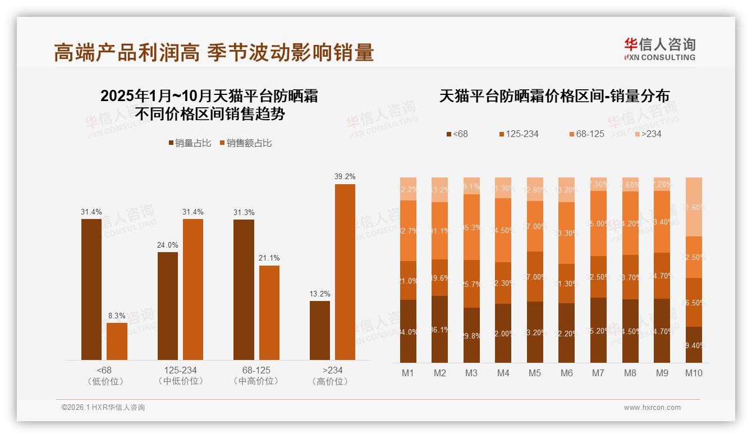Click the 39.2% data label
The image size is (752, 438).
pos(345,176)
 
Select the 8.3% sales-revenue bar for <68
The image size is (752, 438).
pos(117,341)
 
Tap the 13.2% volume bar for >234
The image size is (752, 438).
pos(320,330)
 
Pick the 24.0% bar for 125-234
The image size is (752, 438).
pos(168,305)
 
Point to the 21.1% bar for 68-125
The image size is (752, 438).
pos(269,312)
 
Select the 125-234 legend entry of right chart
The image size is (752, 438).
pos(519,134)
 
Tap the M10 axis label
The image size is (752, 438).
pos(694,373)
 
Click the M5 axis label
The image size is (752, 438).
pos(535,373)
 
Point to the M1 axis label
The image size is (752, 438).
pos(408,373)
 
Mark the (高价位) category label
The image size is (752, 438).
pos(333,381)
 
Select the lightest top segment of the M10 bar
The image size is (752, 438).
pos(694,206)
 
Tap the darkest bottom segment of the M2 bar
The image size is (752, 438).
pos(440,329)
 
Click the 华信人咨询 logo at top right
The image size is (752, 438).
pos(659,49)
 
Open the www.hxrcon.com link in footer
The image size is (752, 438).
pos(652,408)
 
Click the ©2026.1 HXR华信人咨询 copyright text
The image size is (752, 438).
pos(103,408)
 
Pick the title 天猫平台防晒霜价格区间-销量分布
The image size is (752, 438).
pos(554,96)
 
